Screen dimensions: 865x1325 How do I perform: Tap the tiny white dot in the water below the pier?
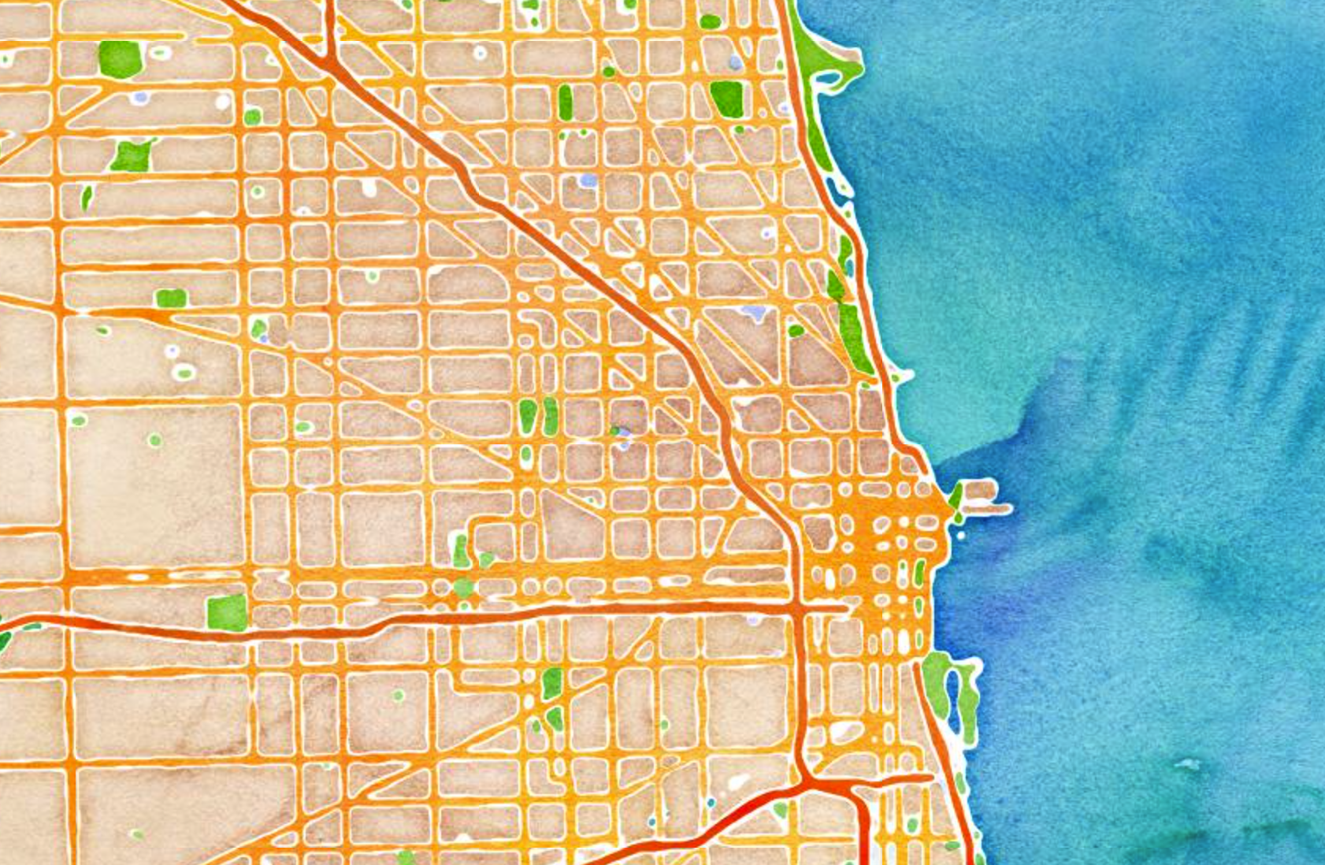(961, 536)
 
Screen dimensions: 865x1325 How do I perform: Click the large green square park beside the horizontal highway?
(227, 613)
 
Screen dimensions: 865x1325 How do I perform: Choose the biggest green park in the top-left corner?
(121, 58)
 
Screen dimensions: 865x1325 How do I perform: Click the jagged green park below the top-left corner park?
(132, 156)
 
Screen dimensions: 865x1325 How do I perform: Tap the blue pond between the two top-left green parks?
(141, 98)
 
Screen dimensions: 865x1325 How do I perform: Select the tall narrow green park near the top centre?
(565, 102)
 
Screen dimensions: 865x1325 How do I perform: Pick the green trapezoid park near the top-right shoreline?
(726, 98)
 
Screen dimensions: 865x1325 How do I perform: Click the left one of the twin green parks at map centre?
(527, 415)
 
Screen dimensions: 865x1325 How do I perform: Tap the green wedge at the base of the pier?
(956, 497)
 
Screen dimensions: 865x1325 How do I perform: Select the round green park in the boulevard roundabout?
(463, 588)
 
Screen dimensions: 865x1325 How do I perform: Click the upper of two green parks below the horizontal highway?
(552, 683)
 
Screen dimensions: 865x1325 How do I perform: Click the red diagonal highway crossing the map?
(551, 244)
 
